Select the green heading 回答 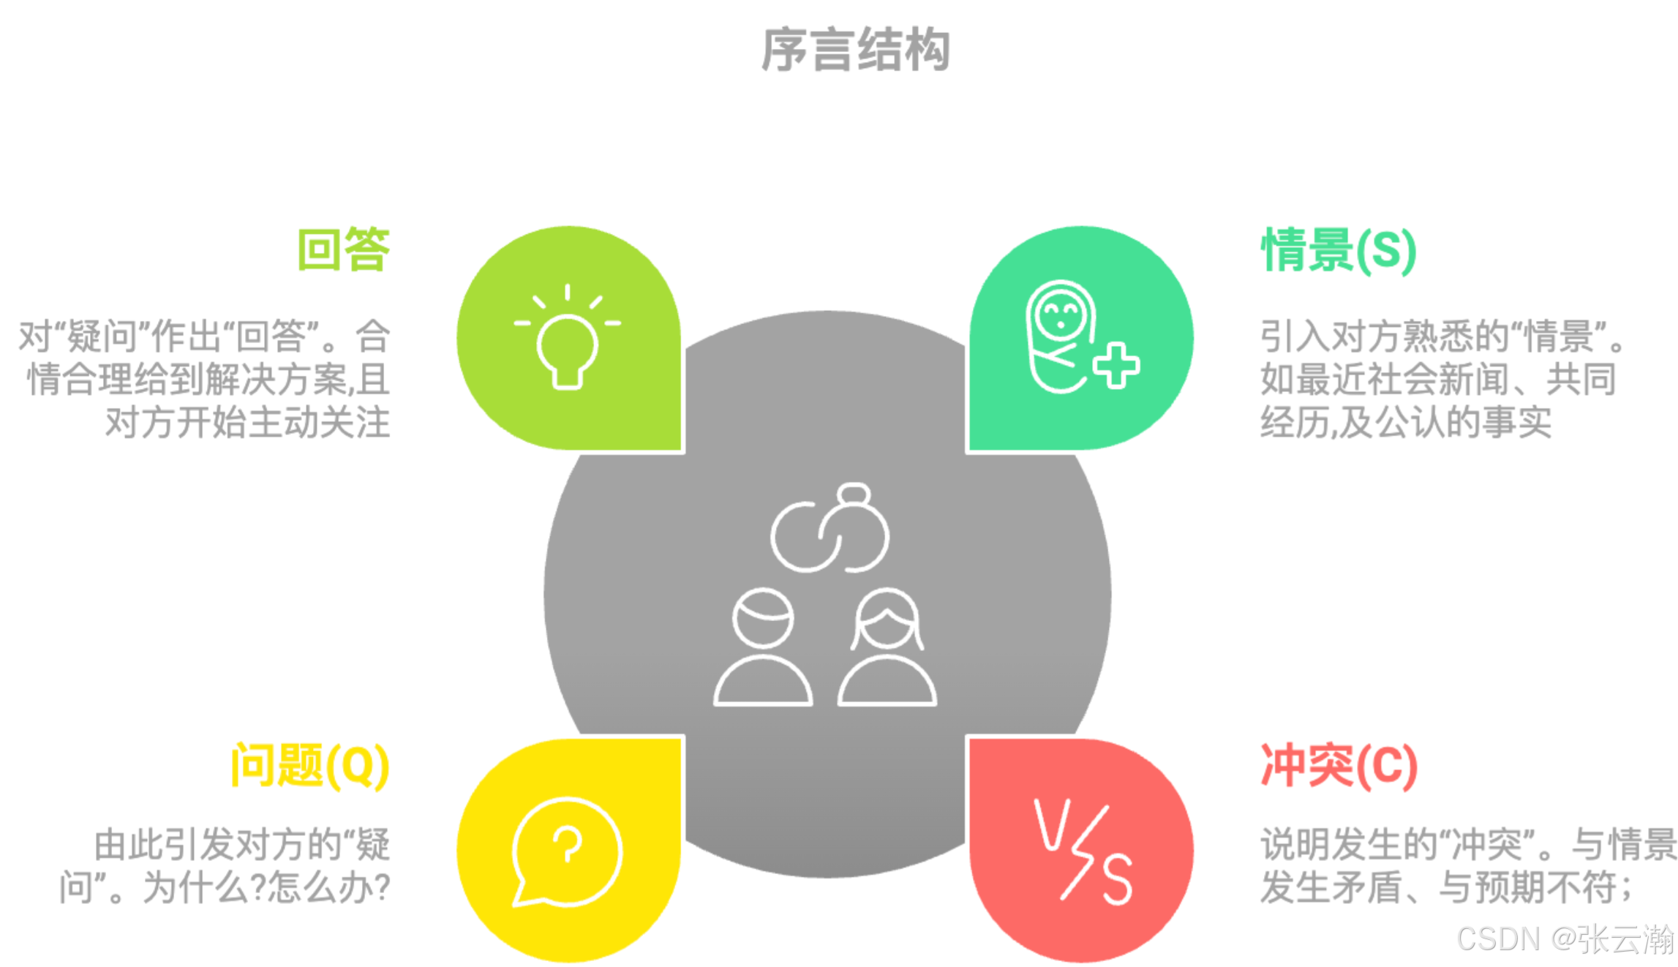[343, 250]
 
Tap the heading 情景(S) [1339, 250]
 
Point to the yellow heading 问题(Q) [310, 766]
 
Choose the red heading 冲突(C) [1339, 766]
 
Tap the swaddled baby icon [1061, 336]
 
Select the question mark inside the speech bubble [567, 845]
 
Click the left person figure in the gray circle [763, 647]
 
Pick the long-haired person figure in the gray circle [887, 647]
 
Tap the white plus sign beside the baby [1116, 365]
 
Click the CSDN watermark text [1565, 939]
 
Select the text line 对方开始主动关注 [247, 423]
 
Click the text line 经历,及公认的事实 [1405, 423]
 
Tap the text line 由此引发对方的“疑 [242, 845]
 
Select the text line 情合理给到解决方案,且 [208, 380]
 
